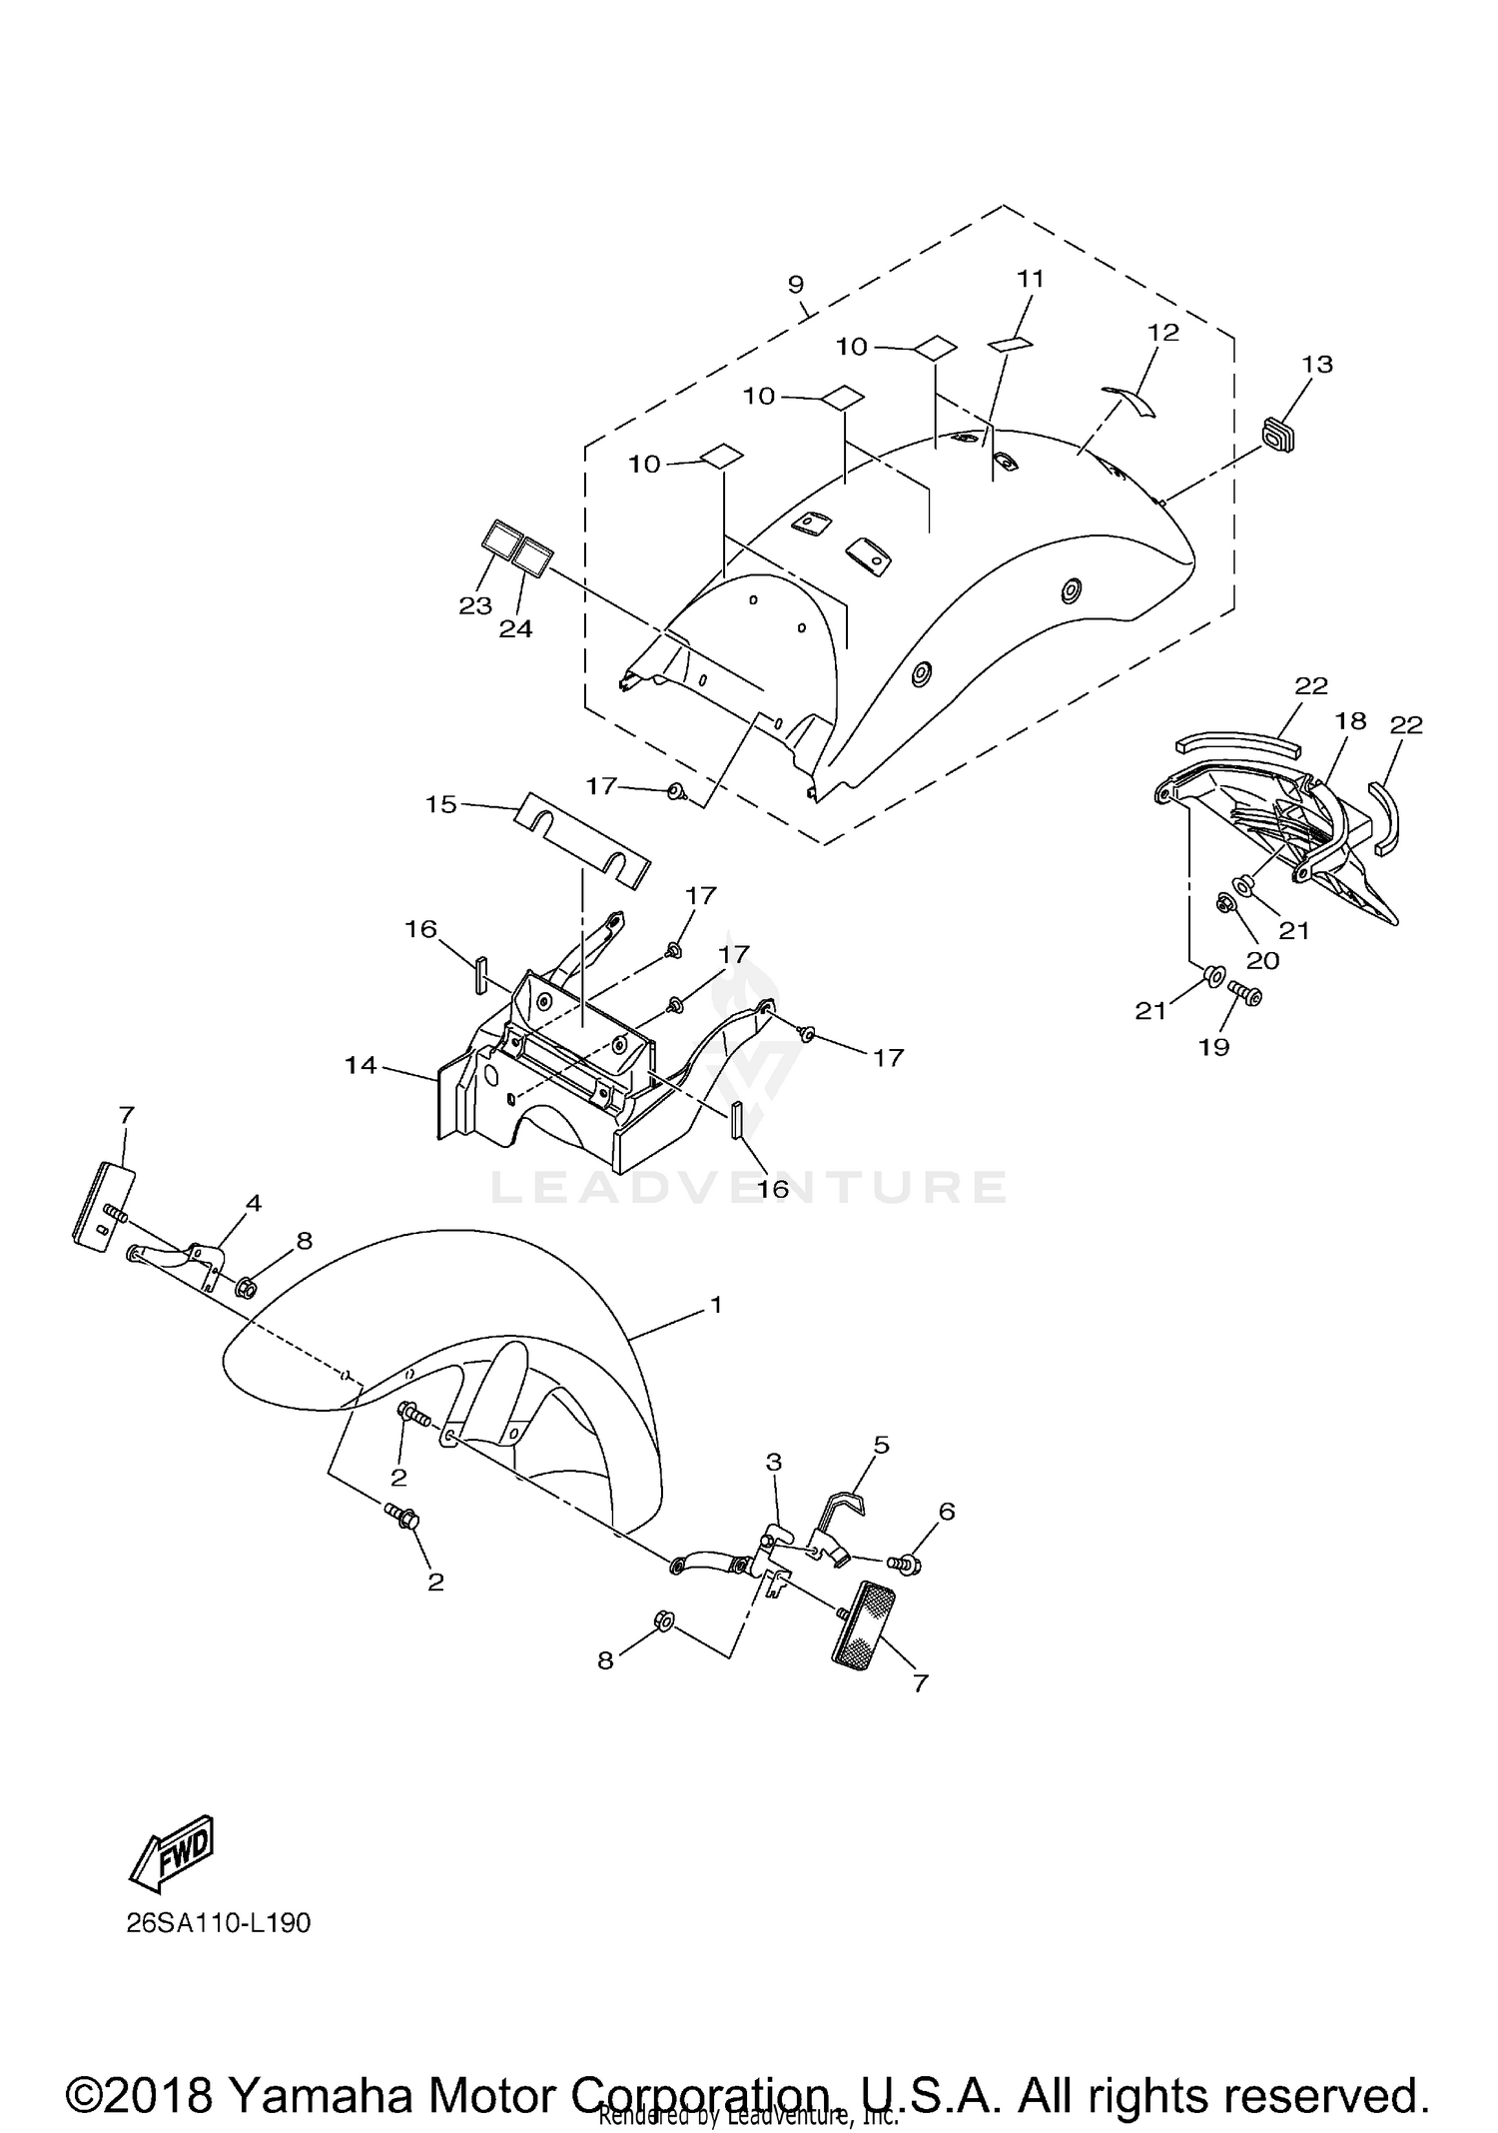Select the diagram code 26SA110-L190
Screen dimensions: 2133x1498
point(219,1923)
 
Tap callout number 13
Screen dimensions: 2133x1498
point(1317,365)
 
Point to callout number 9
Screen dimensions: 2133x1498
point(795,285)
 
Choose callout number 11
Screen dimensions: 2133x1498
point(1030,279)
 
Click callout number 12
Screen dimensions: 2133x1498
point(1163,332)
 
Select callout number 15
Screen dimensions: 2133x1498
point(440,803)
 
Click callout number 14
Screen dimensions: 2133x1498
point(361,1066)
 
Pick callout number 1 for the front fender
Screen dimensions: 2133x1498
point(715,1305)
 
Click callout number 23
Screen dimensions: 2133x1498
point(475,605)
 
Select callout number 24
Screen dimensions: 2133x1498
point(516,628)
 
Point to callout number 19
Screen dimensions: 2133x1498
point(1214,1046)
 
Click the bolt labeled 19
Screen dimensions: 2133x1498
point(1244,992)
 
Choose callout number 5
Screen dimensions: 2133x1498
point(881,1445)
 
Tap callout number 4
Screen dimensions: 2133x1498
point(254,1204)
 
